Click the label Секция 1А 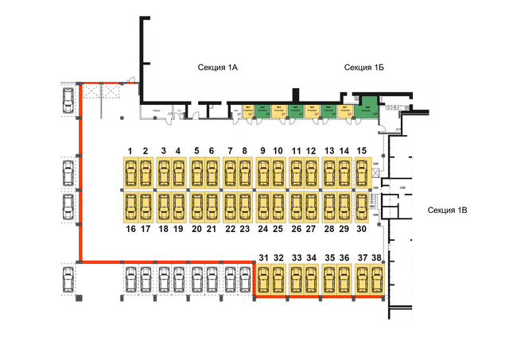tap(219, 68)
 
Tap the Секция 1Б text tap(364, 68)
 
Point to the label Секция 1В tap(452, 210)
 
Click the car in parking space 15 tap(362, 172)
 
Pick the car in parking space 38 tap(377, 280)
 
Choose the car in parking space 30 tap(362, 207)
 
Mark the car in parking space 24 tap(262, 207)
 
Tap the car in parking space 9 tap(262, 172)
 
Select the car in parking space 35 tap(329, 280)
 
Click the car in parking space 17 tap(146, 207)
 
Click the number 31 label tap(263, 257)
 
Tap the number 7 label tap(229, 150)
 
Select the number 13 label tap(328, 150)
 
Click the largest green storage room tap(367, 110)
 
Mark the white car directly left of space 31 tap(244, 280)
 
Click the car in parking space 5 tap(196, 172)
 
